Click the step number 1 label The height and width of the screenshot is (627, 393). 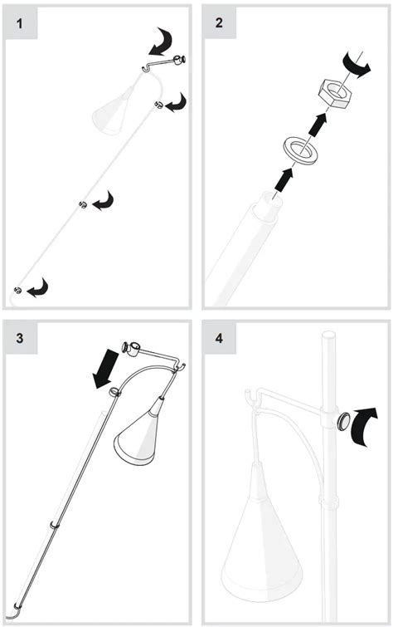point(20,23)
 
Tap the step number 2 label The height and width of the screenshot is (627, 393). point(218,22)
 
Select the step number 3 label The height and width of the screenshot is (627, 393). point(20,338)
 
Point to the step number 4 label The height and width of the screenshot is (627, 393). point(219,338)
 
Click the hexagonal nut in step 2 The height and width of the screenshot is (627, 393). point(336,94)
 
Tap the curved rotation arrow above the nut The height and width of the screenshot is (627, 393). point(356,65)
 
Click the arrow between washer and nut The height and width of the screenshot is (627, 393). point(318,125)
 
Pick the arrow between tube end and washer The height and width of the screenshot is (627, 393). point(284,179)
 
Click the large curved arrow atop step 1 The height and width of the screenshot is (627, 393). point(161,42)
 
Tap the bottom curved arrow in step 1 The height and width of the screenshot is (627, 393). point(37,288)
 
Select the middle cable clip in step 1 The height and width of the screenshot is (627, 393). point(83,205)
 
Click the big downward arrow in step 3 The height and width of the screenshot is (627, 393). point(106,369)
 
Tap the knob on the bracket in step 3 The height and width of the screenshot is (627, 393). point(126,347)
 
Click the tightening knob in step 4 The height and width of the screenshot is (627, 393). point(343,422)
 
